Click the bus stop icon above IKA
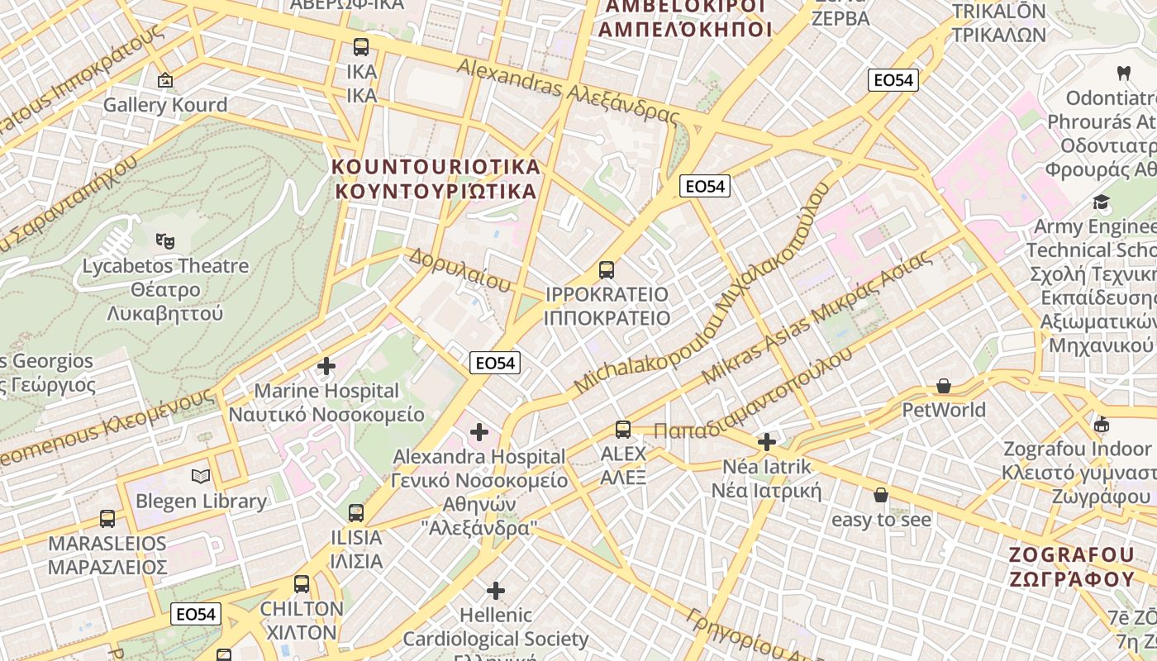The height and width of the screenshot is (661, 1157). pos(361,47)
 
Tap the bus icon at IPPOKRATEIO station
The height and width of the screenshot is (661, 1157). pos(607,269)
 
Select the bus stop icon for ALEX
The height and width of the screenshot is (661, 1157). pos(623,430)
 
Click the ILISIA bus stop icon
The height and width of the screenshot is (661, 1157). pos(356,513)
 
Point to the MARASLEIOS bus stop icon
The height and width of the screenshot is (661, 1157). pos(107,519)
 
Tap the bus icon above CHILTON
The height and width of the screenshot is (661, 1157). pos(302,584)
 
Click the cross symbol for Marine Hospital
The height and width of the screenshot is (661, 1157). pos(326,365)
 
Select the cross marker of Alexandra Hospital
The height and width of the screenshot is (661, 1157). pos(479,431)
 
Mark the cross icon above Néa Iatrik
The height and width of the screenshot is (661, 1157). pos(767,442)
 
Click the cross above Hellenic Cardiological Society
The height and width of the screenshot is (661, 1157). pos(496,591)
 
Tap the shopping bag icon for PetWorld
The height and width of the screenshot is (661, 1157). pos(944,386)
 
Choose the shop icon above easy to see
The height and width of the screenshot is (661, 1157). pos(881,495)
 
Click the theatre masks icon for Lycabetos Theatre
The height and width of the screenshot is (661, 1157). pos(165,241)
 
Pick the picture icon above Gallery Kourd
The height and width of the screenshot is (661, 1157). pos(165,80)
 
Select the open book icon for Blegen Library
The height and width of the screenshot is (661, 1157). pos(201,476)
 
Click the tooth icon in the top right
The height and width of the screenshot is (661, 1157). pos(1123,73)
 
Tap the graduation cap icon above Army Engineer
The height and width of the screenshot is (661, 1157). pos(1101,202)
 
